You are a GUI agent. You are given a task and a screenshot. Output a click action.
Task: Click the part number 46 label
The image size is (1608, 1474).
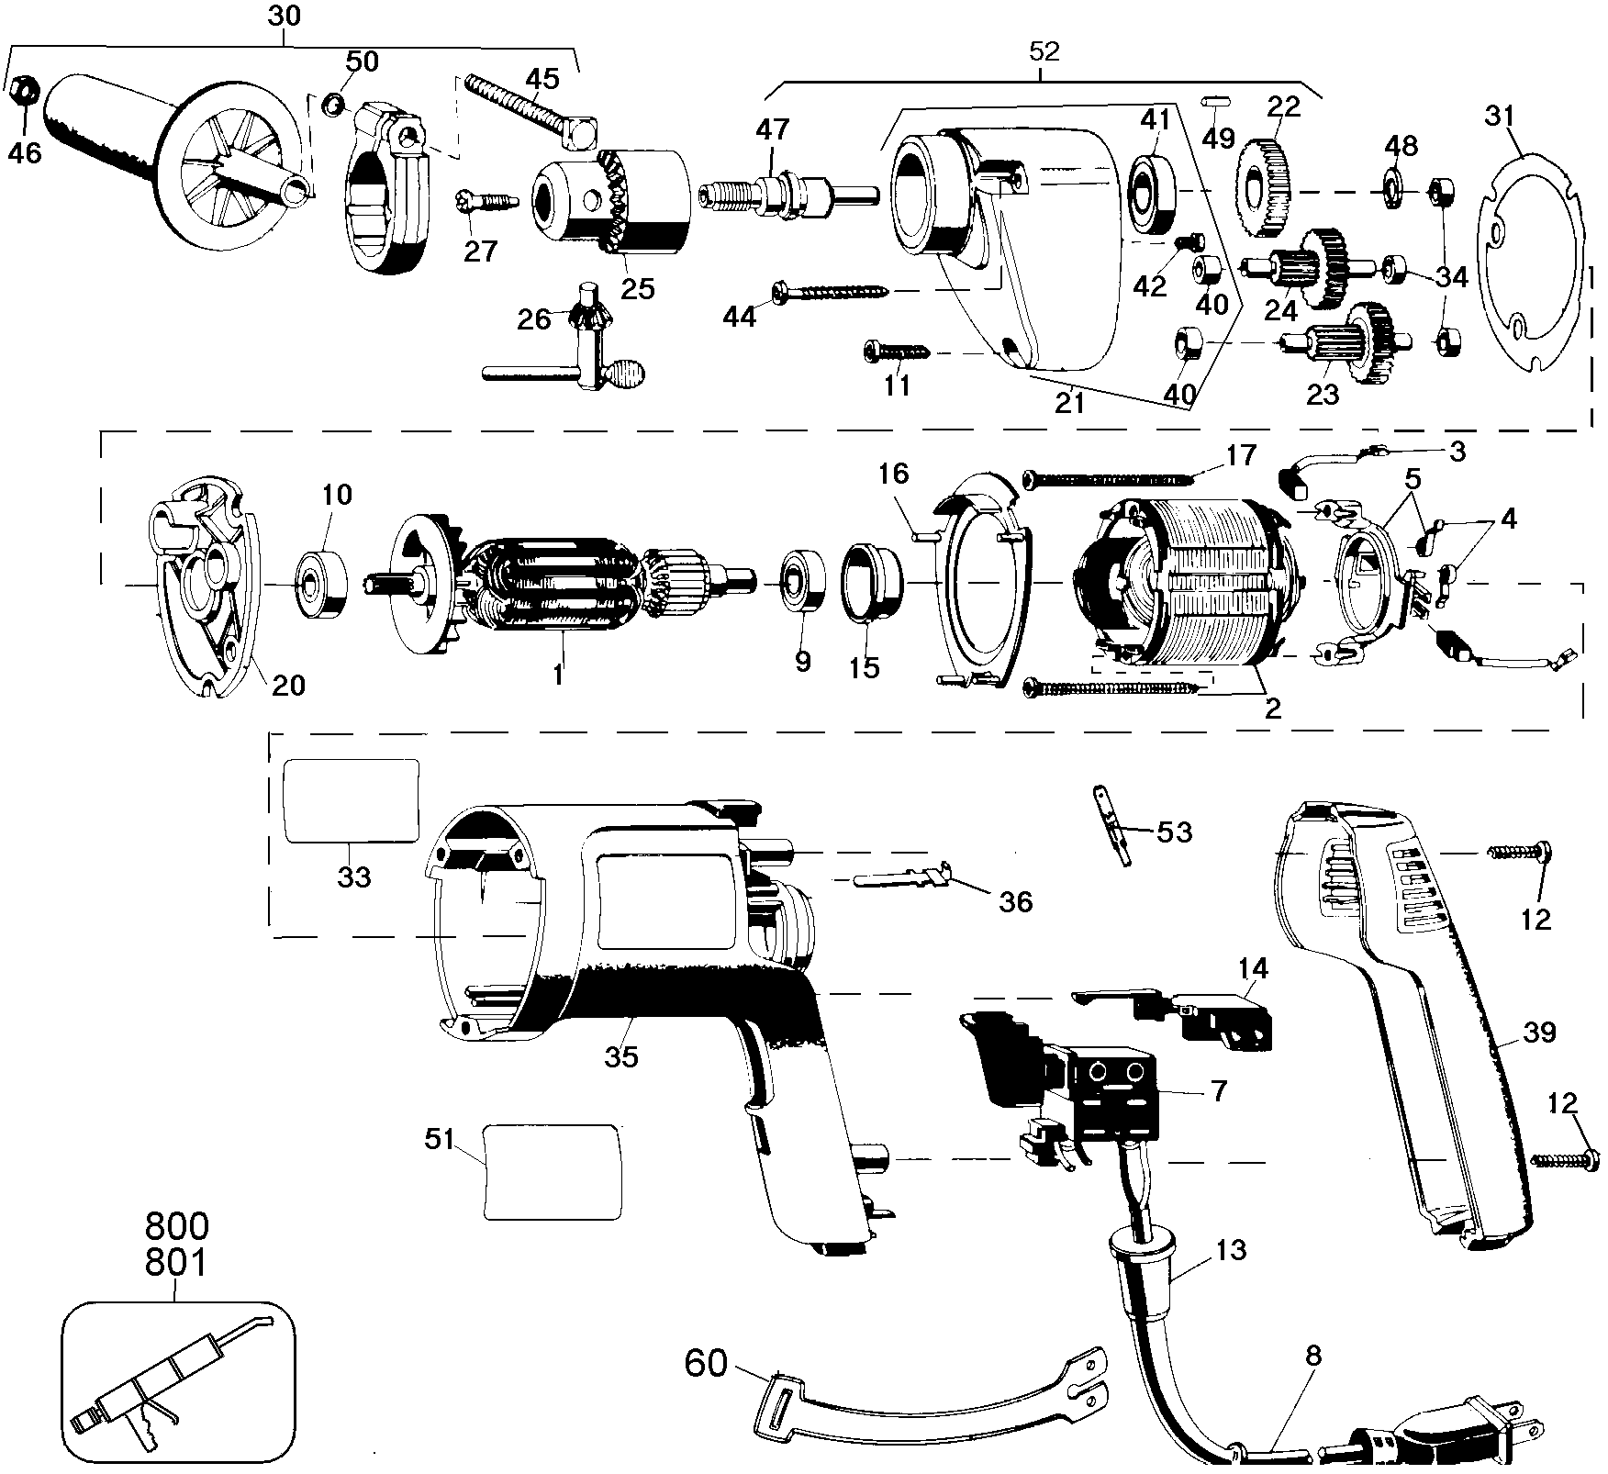(x=25, y=152)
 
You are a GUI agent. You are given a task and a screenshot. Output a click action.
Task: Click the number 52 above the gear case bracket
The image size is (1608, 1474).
(x=1044, y=51)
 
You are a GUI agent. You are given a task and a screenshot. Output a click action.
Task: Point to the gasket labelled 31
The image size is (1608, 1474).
(x=1528, y=262)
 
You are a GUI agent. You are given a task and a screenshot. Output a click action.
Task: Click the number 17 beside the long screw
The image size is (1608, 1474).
(x=1240, y=456)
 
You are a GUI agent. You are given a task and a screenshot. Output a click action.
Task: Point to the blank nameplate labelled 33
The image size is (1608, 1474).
(x=351, y=800)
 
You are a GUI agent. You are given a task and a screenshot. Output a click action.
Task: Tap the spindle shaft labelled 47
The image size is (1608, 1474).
(x=788, y=196)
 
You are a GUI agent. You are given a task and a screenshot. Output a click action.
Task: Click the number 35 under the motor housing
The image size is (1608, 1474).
(x=620, y=1055)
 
